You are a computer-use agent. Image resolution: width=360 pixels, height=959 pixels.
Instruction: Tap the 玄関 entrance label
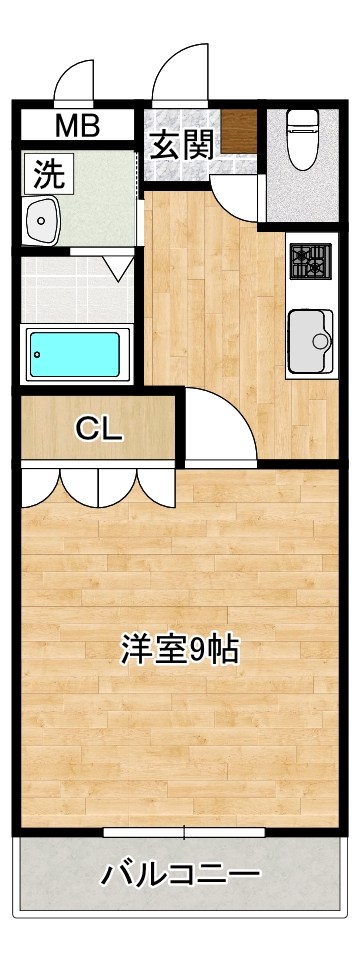[x=181, y=146]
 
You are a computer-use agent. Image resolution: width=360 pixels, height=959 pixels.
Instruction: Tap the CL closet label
[x=99, y=429]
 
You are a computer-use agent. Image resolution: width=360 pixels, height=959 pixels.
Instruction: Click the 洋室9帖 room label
[x=179, y=650]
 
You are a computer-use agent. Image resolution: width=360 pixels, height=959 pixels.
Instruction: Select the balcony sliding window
[x=184, y=832]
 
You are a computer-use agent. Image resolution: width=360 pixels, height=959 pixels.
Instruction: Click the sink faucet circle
[x=320, y=341]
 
